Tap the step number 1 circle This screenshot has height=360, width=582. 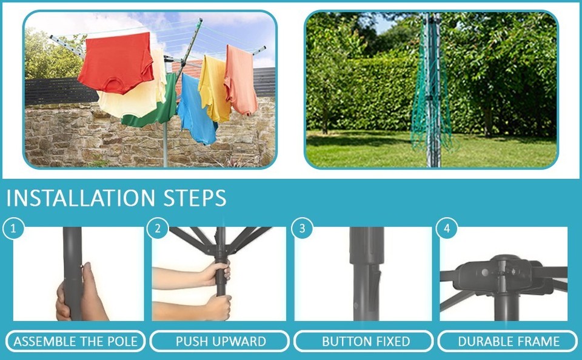coord(13,229)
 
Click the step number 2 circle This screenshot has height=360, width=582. coord(158,229)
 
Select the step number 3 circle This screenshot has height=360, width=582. coord(301,229)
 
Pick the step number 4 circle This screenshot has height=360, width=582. coord(447,229)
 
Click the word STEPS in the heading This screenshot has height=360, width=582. coord(195,198)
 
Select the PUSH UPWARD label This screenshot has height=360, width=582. coord(221,341)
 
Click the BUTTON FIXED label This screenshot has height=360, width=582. coord(366,341)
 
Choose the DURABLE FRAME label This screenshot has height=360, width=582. coord(508,341)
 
